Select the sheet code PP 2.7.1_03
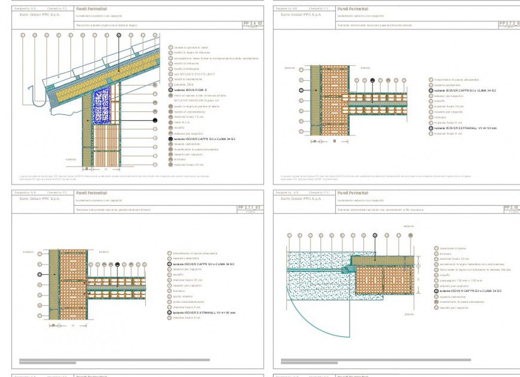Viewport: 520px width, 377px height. pyautogui.click(x=249, y=207)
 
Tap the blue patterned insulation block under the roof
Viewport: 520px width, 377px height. pyautogui.click(x=103, y=105)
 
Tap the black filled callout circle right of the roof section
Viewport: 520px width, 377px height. pyautogui.click(x=155, y=120)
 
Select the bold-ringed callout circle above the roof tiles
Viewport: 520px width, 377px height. pyautogui.click(x=118, y=35)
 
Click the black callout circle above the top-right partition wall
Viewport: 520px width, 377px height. pyautogui.click(x=372, y=80)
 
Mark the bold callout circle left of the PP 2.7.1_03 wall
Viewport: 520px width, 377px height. pyautogui.click(x=40, y=274)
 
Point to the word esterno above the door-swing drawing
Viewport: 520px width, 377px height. pyautogui.click(x=409, y=226)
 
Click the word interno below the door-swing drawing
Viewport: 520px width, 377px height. pyautogui.click(x=409, y=314)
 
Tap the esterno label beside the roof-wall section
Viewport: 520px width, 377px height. pyautogui.click(x=71, y=159)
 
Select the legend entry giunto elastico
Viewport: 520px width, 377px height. pyautogui.click(x=180, y=296)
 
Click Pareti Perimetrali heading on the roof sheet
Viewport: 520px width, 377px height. pyautogui.click(x=88, y=9)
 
